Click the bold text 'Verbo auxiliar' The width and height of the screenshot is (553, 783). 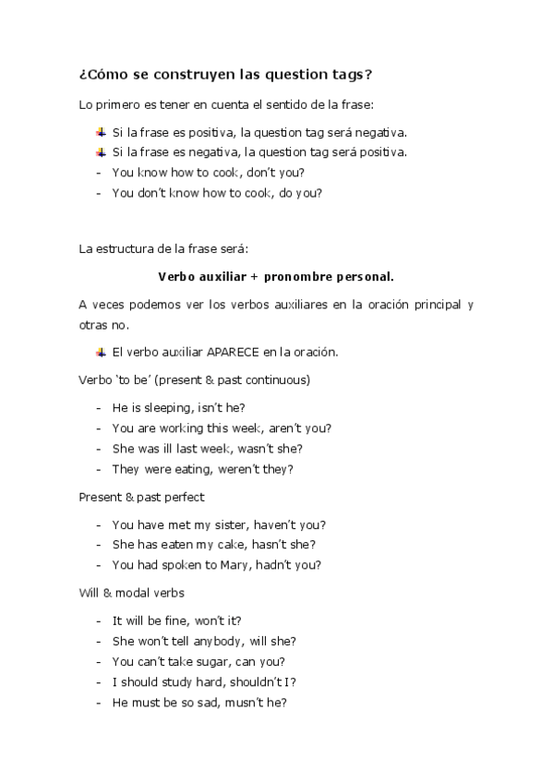coord(199,275)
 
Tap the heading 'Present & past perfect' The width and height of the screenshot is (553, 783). coord(142,497)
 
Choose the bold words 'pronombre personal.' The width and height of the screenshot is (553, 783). coord(329,275)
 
